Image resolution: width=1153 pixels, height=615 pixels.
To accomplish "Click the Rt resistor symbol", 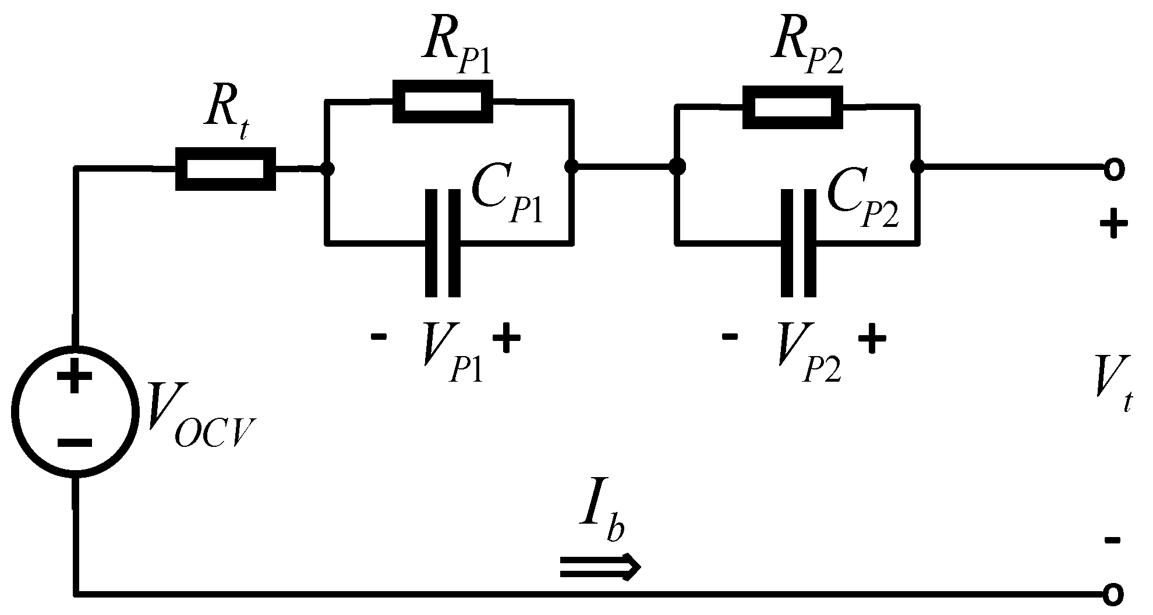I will click(225, 169).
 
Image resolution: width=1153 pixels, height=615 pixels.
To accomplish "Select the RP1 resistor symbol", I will click(443, 102).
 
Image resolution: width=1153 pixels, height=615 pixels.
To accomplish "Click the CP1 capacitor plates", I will click(443, 243).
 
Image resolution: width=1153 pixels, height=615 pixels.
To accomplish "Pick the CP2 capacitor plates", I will click(798, 243).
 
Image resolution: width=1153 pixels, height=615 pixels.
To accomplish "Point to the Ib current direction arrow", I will click(600, 566).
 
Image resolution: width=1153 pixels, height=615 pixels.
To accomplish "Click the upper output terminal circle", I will click(1112, 169).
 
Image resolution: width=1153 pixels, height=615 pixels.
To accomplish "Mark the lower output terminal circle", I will click(1112, 594).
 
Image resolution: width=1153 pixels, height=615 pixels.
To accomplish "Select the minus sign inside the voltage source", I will click(75, 443).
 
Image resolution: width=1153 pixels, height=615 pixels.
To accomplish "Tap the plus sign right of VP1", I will click(506, 339).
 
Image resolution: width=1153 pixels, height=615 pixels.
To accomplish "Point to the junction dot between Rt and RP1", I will click(328, 169).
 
